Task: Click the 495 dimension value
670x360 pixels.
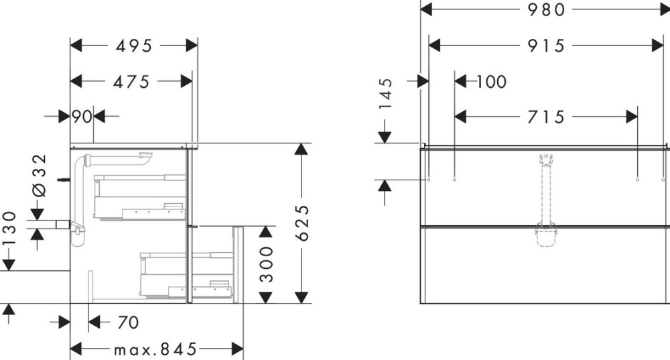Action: (x=134, y=46)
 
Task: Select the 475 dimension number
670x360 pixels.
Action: (x=131, y=81)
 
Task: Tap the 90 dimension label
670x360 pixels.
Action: (x=82, y=117)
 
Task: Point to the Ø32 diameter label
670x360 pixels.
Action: (x=40, y=175)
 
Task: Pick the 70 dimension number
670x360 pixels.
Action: (x=127, y=323)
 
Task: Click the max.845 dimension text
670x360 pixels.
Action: (x=155, y=349)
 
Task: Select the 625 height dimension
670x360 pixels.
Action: (x=302, y=223)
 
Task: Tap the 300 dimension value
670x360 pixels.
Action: (x=266, y=264)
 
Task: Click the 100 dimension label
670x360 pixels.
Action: (x=492, y=82)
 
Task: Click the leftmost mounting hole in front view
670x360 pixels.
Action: (x=428, y=180)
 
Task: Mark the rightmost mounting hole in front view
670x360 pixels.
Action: (x=636, y=180)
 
